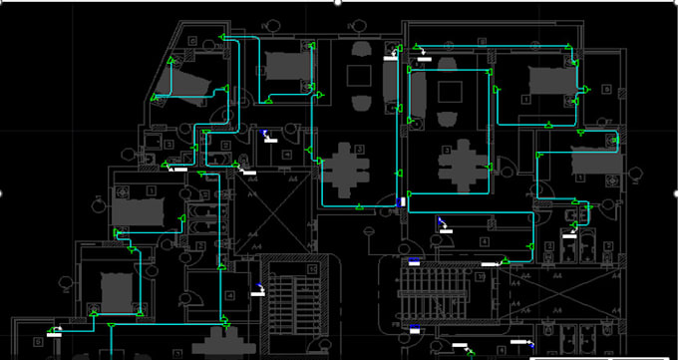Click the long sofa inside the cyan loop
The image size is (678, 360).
417,95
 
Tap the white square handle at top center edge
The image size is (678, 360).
339,2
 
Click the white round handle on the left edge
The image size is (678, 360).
2,192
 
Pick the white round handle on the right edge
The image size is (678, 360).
675,192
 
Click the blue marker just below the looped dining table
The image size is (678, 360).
402,202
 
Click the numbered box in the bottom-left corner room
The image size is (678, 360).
39,341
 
